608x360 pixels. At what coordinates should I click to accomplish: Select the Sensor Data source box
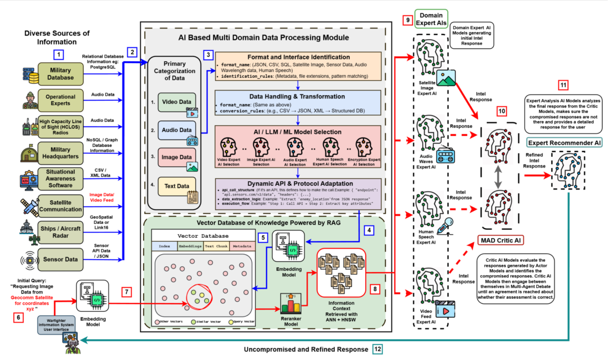62,259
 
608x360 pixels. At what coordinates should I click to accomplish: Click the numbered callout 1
58,55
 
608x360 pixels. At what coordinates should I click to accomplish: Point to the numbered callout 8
375,289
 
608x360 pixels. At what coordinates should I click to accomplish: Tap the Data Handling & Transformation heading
297,96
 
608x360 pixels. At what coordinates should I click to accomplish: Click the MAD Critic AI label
502,240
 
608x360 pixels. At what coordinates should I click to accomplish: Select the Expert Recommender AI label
564,142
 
